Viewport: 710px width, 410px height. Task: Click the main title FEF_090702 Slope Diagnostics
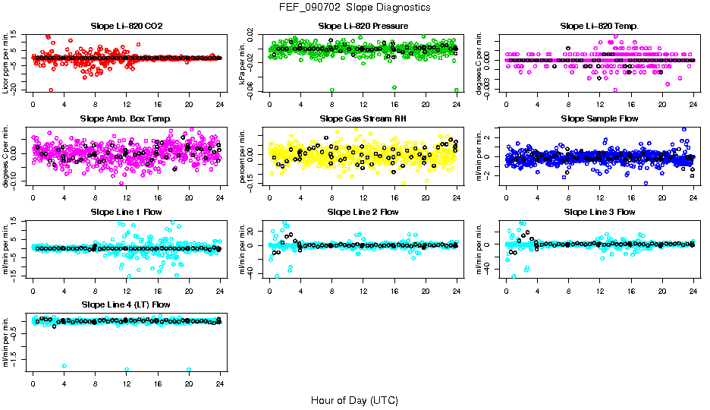(354, 8)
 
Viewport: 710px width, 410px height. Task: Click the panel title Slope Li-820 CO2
(126, 26)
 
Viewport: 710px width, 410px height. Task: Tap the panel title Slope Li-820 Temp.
(599, 26)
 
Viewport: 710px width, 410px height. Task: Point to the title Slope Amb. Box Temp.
(126, 119)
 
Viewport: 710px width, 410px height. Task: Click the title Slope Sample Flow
(599, 119)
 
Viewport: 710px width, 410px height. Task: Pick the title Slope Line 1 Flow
(126, 212)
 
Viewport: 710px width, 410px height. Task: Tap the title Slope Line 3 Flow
(599, 212)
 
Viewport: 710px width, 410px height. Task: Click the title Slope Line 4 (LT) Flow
(126, 304)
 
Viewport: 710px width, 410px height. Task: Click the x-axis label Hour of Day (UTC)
(354, 400)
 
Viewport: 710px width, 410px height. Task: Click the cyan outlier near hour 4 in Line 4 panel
(64, 366)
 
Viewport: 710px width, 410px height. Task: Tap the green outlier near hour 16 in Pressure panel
(394, 87)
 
